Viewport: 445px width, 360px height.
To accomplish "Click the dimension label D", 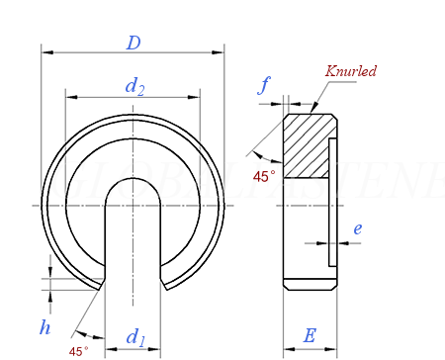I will pos(133,43).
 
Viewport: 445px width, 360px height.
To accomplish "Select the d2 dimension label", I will pos(134,87).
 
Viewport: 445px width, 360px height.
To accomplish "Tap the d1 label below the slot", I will pos(134,336).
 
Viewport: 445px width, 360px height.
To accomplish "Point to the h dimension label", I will pos(44,327).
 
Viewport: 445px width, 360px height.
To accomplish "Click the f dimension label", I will pos(264,85).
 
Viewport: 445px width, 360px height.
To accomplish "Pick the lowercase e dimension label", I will pos(357,228).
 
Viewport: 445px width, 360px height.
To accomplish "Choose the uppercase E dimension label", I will pos(310,335).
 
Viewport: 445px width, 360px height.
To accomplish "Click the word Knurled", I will pos(351,71).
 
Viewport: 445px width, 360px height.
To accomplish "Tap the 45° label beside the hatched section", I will pos(263,176).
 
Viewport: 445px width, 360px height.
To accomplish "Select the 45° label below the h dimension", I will pos(78,350).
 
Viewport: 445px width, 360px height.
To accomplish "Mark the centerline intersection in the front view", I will pos(133,205).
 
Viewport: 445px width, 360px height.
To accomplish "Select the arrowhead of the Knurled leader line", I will pos(313,109).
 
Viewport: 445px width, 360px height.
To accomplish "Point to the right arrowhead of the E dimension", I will pos(332,348).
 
